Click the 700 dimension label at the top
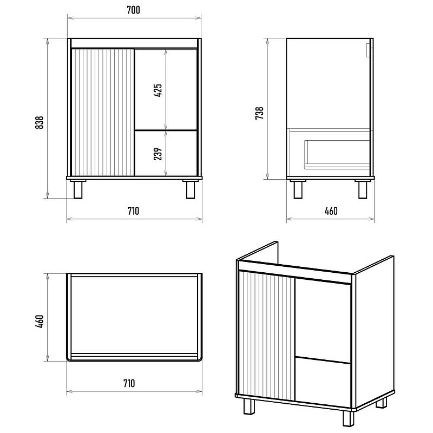(133, 10)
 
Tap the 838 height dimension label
(40, 122)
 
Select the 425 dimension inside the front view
(158, 90)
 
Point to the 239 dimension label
(158, 154)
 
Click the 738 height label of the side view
(259, 113)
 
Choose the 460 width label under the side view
(331, 211)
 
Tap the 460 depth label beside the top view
(40, 321)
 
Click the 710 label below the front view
(133, 211)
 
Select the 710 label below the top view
(129, 383)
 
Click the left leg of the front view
(78, 189)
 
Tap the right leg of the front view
(191, 189)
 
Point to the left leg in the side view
(298, 189)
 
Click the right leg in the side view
(363, 189)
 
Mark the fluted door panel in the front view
(103, 113)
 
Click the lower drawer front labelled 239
(166, 153)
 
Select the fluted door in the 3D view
(267, 336)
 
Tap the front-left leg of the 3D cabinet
(249, 406)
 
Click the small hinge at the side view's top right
(369, 50)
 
